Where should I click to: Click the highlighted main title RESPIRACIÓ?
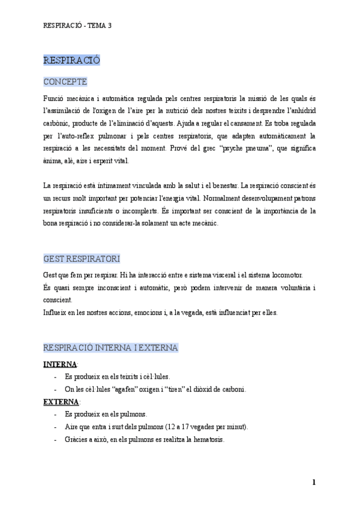[x=71, y=60]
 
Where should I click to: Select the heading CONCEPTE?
[x=65, y=82]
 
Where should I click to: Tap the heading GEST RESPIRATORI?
[x=81, y=259]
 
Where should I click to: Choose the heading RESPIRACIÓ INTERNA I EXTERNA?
[x=110, y=348]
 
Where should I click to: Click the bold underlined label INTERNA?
[x=60, y=364]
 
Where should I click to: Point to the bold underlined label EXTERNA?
[x=61, y=402]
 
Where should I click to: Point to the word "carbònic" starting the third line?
[x=57, y=123]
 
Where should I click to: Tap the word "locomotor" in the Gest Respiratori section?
[x=287, y=274]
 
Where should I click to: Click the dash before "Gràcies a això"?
[x=55, y=439]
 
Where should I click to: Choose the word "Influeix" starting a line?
[x=55, y=312]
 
